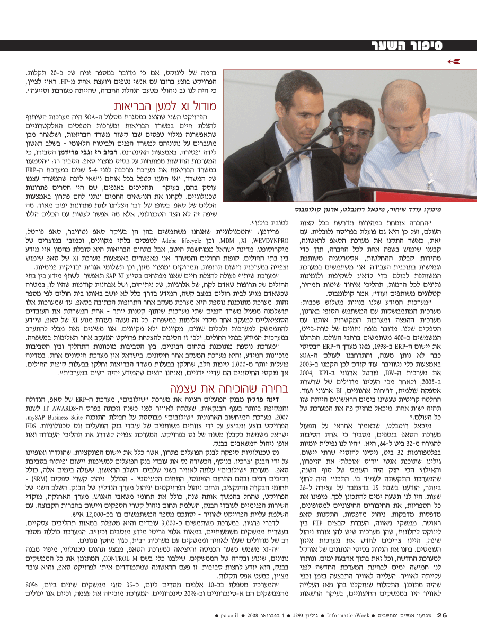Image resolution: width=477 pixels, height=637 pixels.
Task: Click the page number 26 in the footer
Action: pos(443,615)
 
